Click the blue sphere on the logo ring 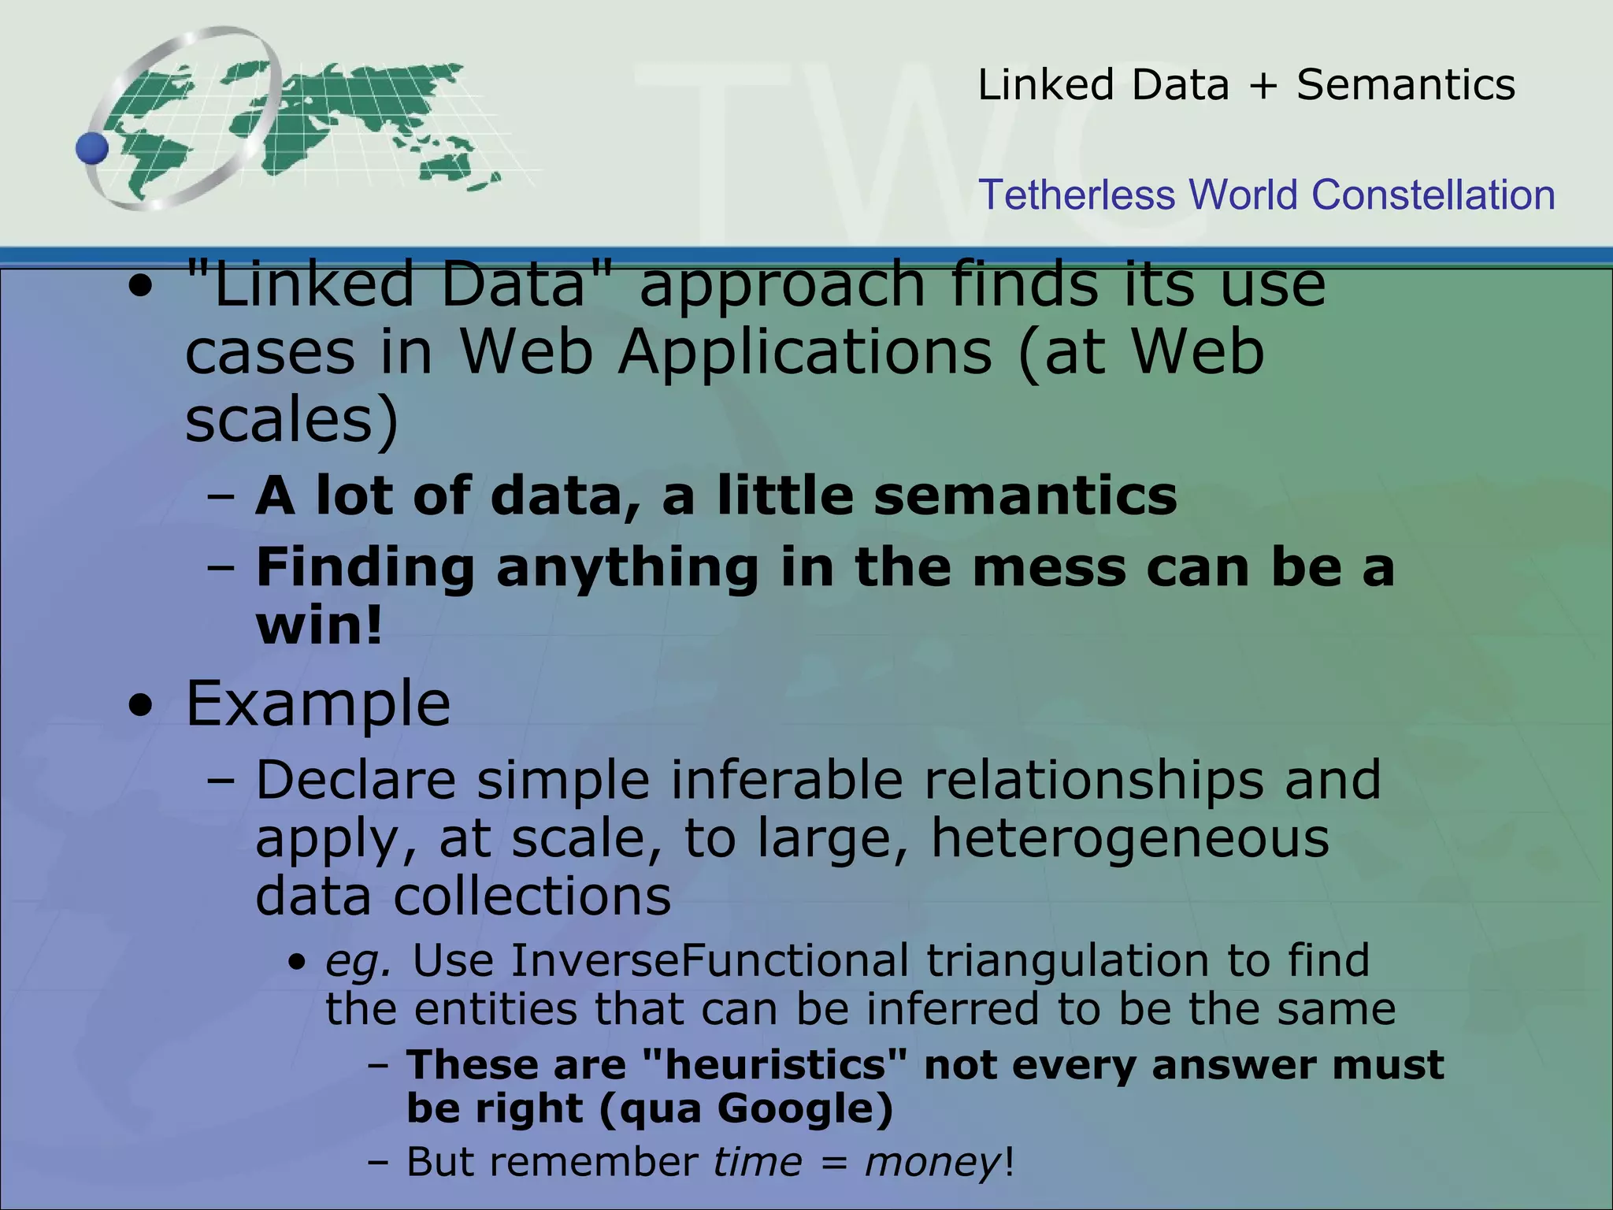[x=92, y=148]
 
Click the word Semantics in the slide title [x=1406, y=84]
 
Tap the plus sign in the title [x=1263, y=86]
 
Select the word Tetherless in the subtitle [x=1076, y=195]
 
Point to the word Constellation [x=1433, y=195]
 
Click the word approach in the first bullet [x=782, y=285]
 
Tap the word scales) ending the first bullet [x=292, y=420]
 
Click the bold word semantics [x=1025, y=496]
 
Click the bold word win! [x=319, y=625]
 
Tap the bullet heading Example [x=318, y=703]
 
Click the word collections [x=532, y=896]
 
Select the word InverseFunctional [x=710, y=960]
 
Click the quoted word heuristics [x=775, y=1065]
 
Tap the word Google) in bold [x=805, y=1108]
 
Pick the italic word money [x=933, y=1162]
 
